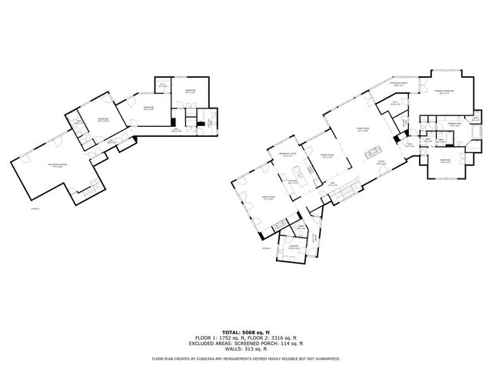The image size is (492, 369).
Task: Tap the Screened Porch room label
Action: click(x=398, y=85)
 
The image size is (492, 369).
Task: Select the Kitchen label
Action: click(x=293, y=183)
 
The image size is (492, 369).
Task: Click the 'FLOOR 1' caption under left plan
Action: click(x=35, y=208)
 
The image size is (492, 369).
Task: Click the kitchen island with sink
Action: click(x=295, y=179)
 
